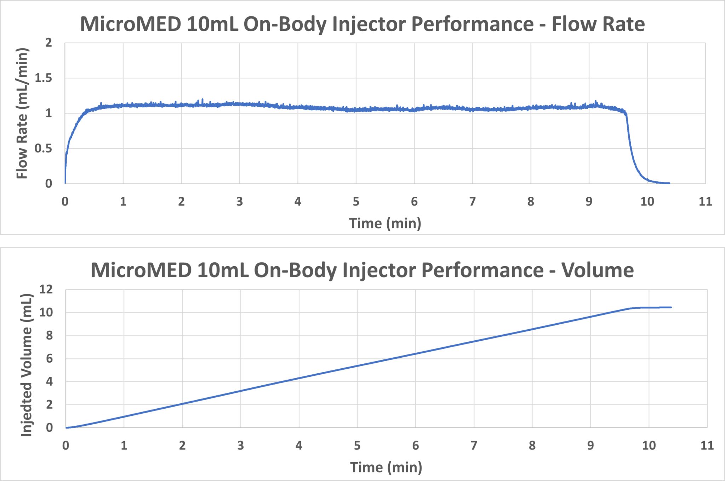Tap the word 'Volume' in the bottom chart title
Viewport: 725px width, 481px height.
(x=597, y=270)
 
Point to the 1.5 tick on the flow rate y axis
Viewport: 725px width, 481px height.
(x=43, y=78)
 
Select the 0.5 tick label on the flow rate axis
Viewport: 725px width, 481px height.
(x=43, y=149)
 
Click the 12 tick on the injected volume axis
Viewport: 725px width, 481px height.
(x=46, y=289)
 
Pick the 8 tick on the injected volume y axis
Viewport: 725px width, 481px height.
(x=49, y=335)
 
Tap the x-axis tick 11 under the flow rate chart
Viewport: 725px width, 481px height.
(x=705, y=202)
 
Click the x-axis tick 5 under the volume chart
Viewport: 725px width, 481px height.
(x=357, y=446)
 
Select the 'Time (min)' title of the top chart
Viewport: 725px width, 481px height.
(x=385, y=223)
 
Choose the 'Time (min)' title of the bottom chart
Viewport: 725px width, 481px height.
(x=386, y=467)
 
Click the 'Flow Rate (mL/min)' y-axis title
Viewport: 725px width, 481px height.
(x=22, y=113)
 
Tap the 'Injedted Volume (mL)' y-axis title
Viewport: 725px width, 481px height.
(x=27, y=365)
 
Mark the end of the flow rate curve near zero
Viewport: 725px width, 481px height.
(x=669, y=183)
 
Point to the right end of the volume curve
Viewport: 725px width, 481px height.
(x=671, y=307)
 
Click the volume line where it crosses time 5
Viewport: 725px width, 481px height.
(x=357, y=366)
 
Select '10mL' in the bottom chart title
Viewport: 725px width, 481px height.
(x=223, y=270)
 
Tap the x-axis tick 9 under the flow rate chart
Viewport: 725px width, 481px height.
(x=589, y=202)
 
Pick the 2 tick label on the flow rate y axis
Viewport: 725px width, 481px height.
(x=48, y=43)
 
